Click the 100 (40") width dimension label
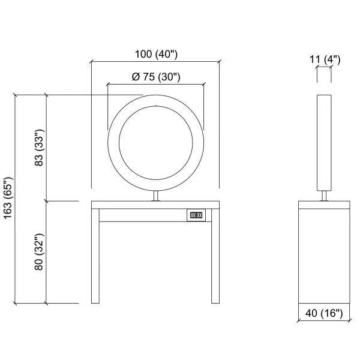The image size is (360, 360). (x=156, y=55)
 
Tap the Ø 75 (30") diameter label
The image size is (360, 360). (x=156, y=77)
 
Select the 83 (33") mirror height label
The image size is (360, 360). (x=39, y=148)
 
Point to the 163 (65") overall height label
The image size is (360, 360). (x=9, y=198)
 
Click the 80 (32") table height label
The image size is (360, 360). (x=39, y=251)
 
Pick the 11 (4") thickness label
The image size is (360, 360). (x=325, y=59)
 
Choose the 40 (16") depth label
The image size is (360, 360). (x=324, y=313)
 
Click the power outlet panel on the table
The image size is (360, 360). (x=196, y=215)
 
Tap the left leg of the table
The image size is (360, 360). (x=95, y=256)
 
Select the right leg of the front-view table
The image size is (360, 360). (x=215, y=256)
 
